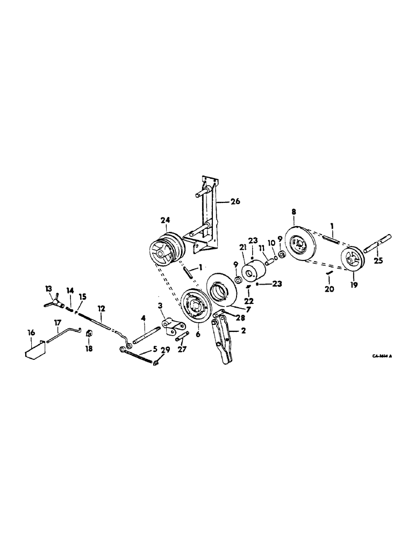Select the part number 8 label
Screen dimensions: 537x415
pos(294,212)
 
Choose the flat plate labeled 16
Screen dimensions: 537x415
pos(36,349)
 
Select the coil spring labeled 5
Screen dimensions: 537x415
pos(141,357)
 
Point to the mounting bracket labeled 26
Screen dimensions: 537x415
pos(210,215)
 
